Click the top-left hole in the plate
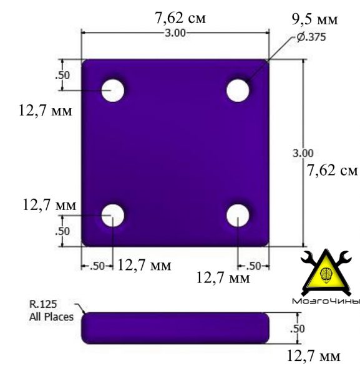(x=113, y=90)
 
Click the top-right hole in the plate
(x=238, y=90)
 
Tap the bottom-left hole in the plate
(x=113, y=216)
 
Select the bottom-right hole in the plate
(x=238, y=216)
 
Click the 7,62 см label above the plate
(x=180, y=18)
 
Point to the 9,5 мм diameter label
(x=315, y=19)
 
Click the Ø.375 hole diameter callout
(x=311, y=37)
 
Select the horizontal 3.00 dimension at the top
(x=175, y=33)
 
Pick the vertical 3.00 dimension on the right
(x=303, y=153)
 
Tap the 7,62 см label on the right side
(x=332, y=171)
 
